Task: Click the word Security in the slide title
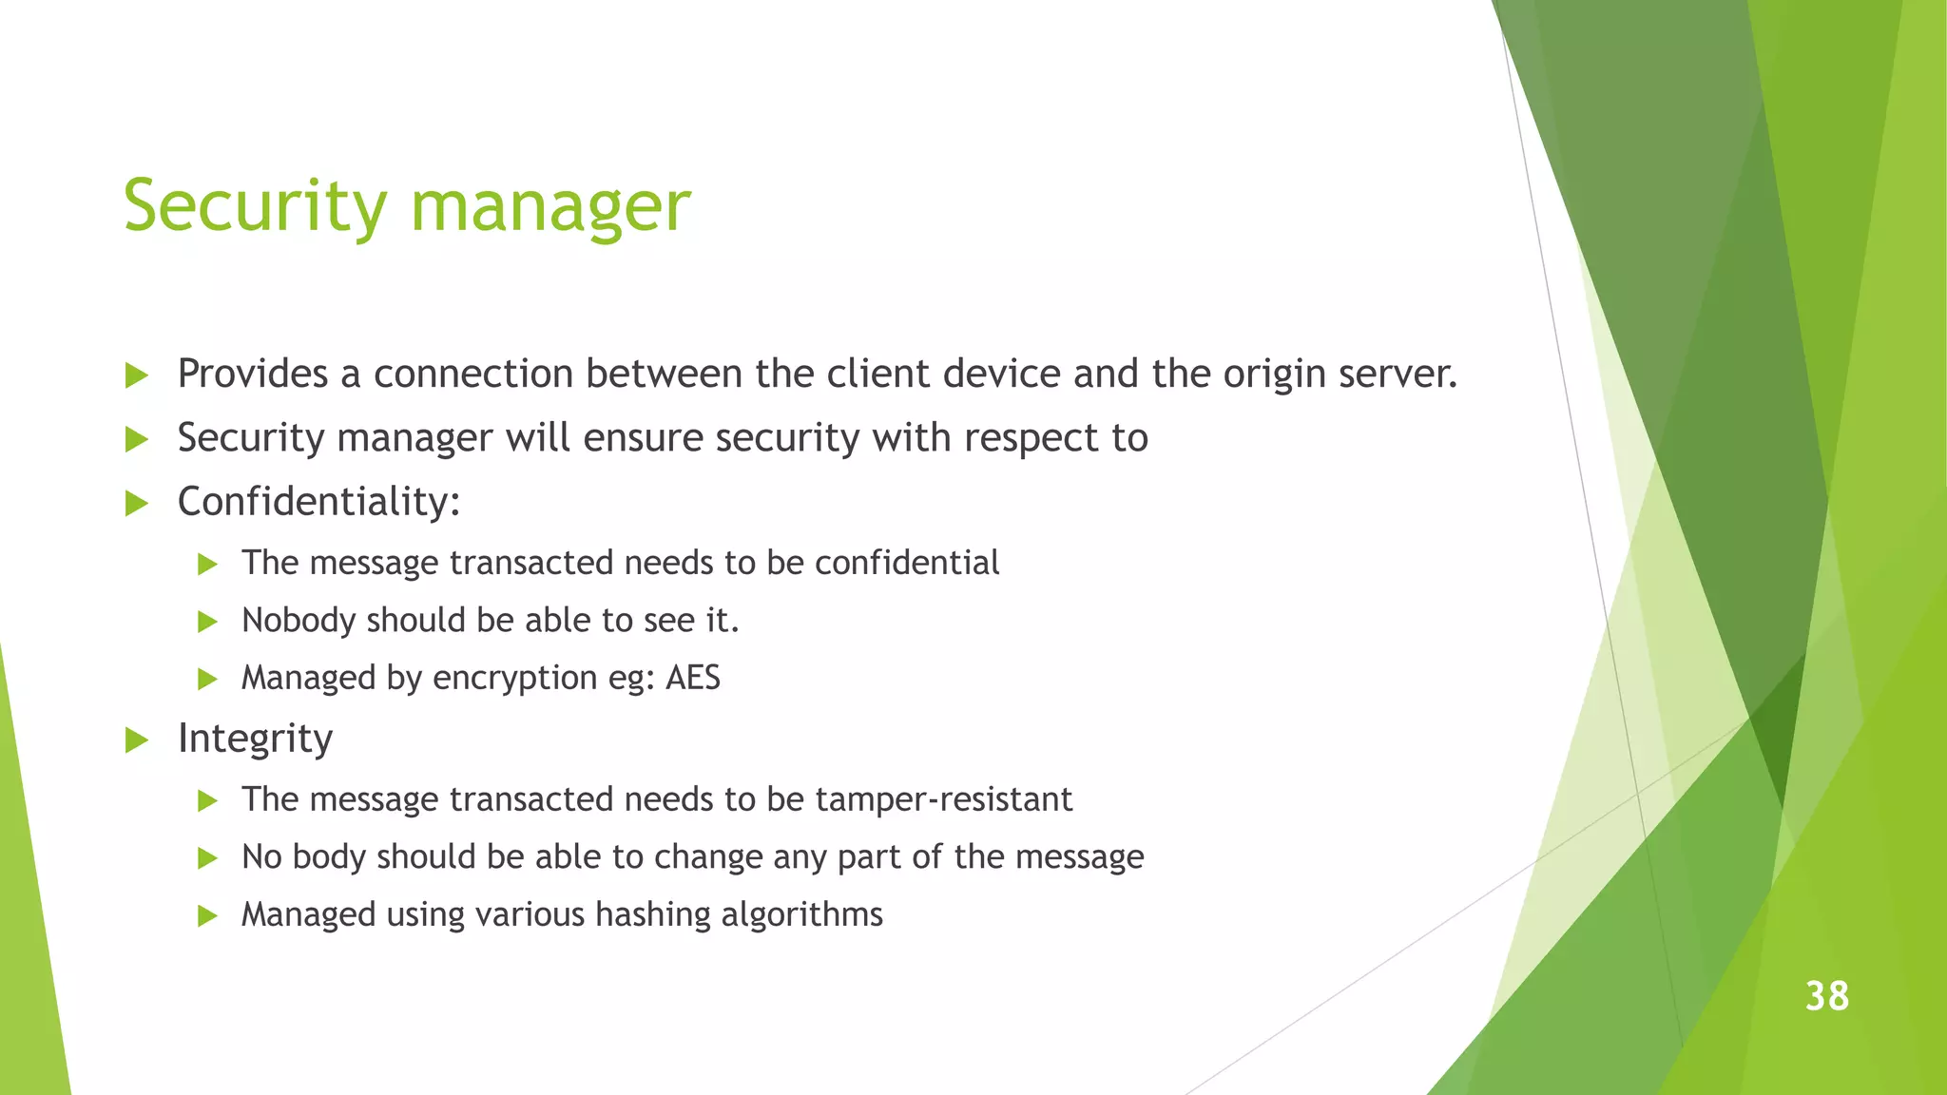coord(255,205)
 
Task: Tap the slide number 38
coord(1826,996)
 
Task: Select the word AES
coord(693,678)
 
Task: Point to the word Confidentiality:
coord(318,502)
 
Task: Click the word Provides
coord(253,374)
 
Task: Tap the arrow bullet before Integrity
coord(137,740)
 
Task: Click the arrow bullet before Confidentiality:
coord(137,504)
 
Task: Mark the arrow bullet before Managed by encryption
coord(207,680)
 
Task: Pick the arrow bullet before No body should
coord(207,858)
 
